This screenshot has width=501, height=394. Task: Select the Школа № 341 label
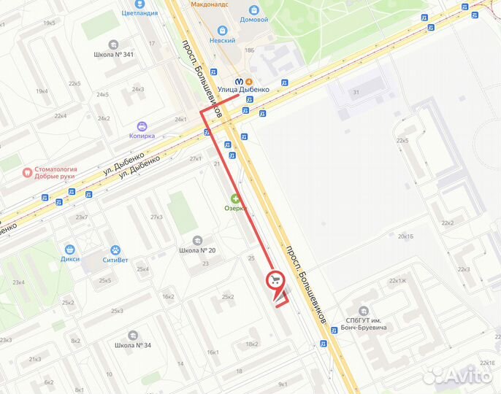pyautogui.click(x=113, y=54)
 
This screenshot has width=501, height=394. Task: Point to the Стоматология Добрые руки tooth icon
pyautogui.click(x=28, y=174)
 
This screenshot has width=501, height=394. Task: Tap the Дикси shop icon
pyautogui.click(x=71, y=248)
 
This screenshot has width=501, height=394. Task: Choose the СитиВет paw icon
pyautogui.click(x=114, y=250)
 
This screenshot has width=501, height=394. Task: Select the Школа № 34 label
pyautogui.click(x=134, y=345)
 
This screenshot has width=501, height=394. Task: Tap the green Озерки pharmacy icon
pyautogui.click(x=236, y=198)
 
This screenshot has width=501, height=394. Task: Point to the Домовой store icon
pyautogui.click(x=254, y=10)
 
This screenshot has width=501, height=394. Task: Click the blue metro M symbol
pyautogui.click(x=239, y=81)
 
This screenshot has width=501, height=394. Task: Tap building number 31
pyautogui.click(x=356, y=92)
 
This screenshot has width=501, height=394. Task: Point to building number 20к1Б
pyautogui.click(x=406, y=236)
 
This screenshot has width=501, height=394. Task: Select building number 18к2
pyautogui.click(x=252, y=344)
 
